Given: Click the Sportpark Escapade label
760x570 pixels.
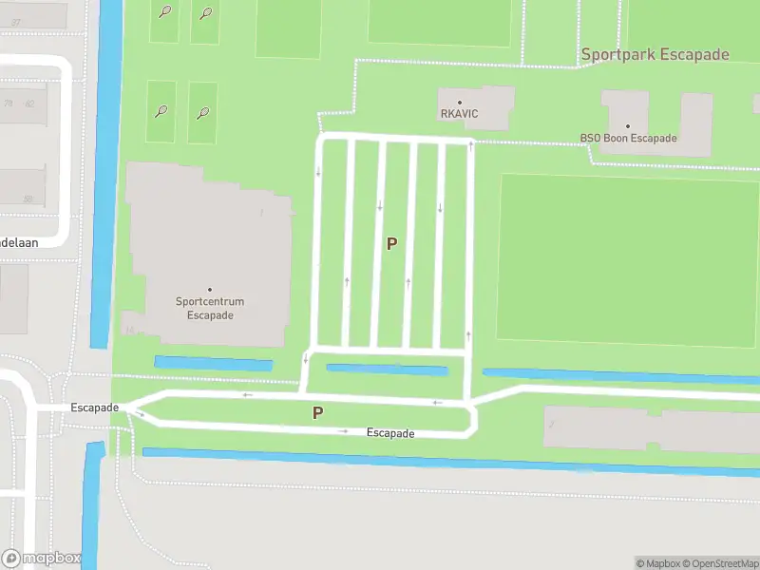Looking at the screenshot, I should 655,54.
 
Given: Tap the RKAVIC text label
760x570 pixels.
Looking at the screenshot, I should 459,114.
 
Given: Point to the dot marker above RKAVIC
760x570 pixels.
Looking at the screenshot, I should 460,102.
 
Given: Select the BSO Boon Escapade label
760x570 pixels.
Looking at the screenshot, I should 628,138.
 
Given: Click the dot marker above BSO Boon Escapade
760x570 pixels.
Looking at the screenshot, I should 628,125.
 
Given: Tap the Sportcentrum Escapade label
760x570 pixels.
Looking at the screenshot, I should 210,309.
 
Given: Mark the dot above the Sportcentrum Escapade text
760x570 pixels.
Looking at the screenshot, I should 210,290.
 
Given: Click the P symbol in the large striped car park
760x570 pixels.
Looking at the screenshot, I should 391,243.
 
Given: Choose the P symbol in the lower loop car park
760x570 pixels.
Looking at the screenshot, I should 317,412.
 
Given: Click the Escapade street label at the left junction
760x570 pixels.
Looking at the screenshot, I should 94,408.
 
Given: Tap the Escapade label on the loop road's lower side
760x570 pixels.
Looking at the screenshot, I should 390,433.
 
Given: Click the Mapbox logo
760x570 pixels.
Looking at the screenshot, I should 41,559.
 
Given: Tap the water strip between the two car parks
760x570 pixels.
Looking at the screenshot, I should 386,369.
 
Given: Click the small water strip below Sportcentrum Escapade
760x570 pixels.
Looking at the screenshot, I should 213,363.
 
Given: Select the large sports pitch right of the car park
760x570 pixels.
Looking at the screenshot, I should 627,258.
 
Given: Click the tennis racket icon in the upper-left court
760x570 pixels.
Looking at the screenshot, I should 165,12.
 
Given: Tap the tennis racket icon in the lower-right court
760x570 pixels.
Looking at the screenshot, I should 203,113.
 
